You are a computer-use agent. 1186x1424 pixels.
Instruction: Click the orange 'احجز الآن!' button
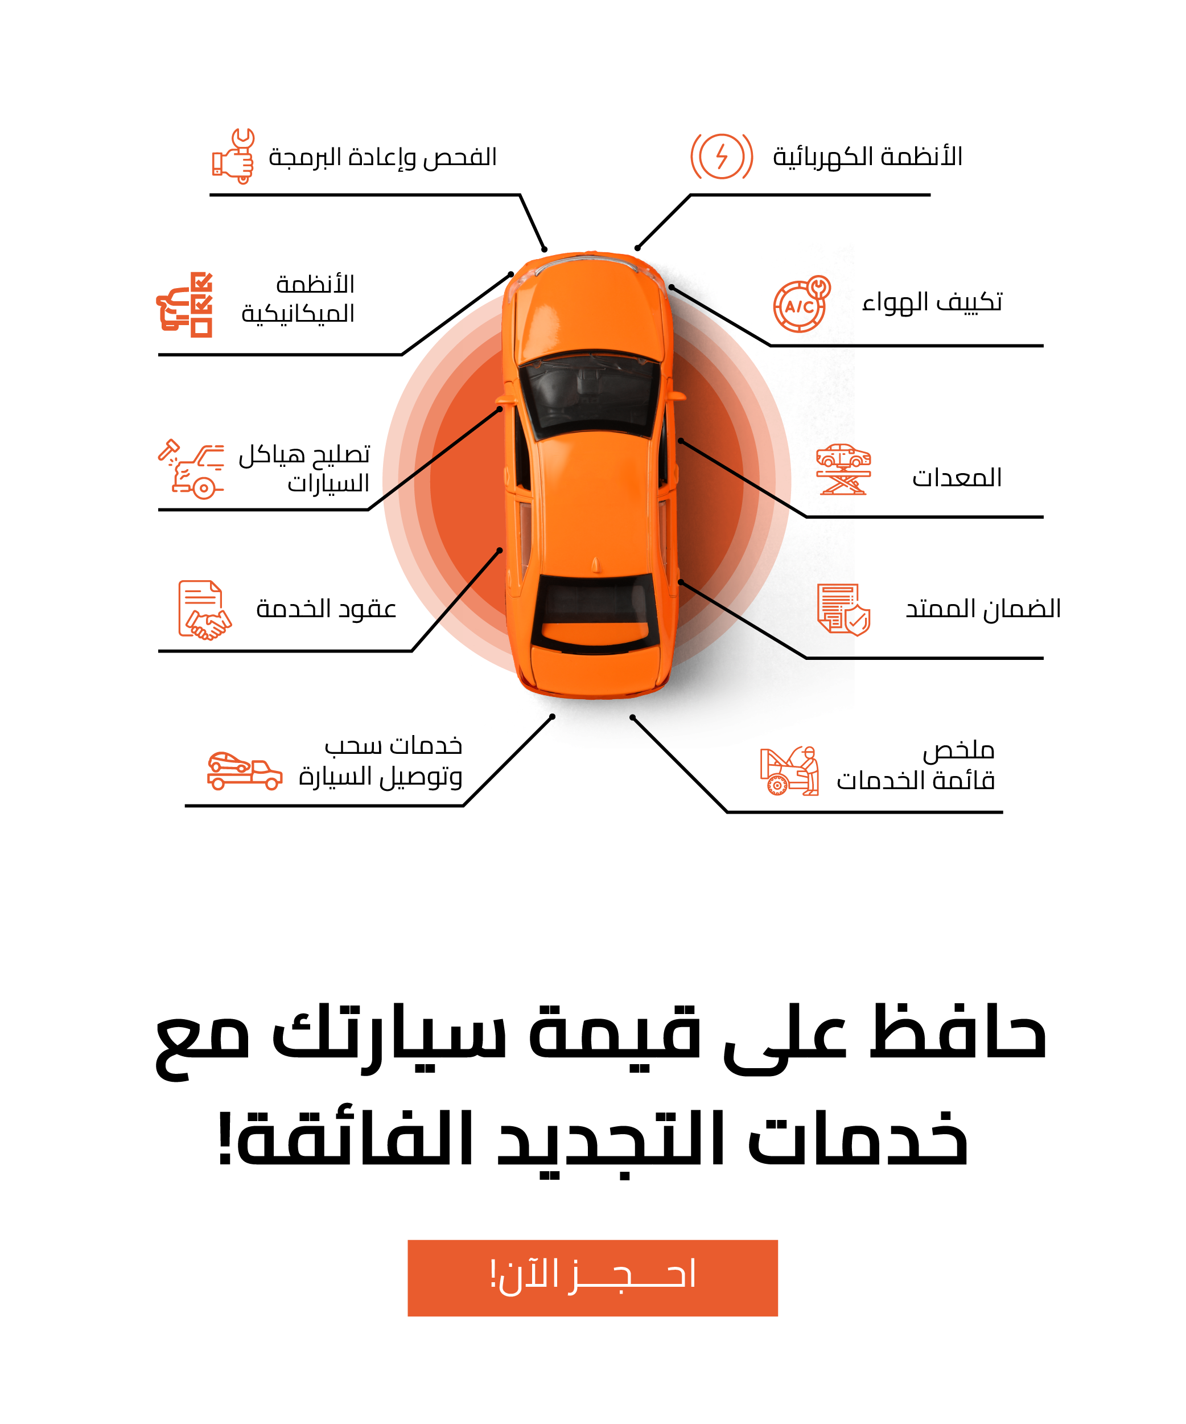point(592,1278)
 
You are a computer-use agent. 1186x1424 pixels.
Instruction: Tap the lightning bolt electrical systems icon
point(721,157)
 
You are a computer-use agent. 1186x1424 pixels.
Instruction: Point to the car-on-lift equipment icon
point(842,469)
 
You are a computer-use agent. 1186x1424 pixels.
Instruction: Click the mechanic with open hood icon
point(789,770)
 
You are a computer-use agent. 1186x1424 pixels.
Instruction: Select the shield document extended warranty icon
point(843,609)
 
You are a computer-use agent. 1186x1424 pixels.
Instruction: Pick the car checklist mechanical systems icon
point(184,305)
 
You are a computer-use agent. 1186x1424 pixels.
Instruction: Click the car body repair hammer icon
point(191,468)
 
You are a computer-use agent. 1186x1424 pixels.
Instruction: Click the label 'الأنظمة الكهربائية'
point(867,157)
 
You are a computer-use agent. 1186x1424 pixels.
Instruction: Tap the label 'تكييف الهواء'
point(932,302)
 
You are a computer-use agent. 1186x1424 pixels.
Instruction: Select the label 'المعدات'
point(956,477)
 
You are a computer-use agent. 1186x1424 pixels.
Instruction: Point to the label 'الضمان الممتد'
point(983,608)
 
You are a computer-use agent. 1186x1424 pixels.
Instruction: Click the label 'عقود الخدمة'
point(326,609)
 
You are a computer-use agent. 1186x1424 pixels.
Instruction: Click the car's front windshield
point(589,393)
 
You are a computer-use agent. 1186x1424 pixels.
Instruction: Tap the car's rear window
point(592,606)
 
